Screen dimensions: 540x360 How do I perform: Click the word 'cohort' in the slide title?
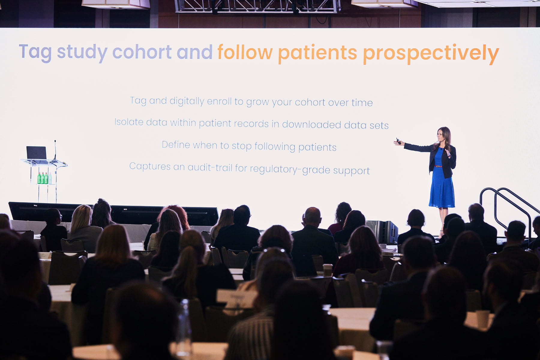point(142,52)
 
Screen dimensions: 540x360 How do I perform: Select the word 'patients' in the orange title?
point(317,54)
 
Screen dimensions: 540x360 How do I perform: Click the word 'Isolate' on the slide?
point(129,122)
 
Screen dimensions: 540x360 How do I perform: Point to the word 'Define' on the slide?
point(176,144)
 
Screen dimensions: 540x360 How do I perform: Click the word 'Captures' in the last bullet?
point(150,166)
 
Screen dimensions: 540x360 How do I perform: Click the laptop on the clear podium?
point(36,153)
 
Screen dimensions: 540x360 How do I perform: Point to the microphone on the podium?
point(55,150)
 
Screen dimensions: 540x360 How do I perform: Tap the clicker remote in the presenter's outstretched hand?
point(398,141)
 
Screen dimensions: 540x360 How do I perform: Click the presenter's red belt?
point(438,166)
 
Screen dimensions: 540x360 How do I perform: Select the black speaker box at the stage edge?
point(382,231)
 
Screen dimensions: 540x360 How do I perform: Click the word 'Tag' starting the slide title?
point(35,53)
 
